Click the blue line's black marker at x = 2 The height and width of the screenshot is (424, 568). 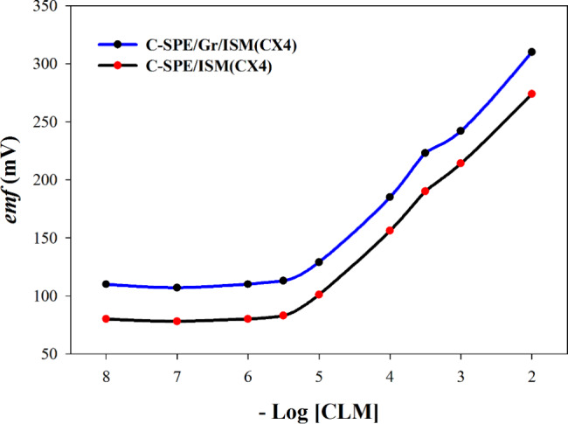pos(531,52)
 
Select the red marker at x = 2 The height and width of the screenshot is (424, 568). pos(531,94)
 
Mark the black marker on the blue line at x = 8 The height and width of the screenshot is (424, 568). pos(106,284)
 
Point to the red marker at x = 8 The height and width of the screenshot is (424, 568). pos(106,319)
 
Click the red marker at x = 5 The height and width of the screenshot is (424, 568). pos(319,295)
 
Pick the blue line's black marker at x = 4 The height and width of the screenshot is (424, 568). pos(390,197)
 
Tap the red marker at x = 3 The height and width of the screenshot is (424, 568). pos(461,163)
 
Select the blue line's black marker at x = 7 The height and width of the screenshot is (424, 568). pos(177,288)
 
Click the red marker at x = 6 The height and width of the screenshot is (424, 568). pos(248,319)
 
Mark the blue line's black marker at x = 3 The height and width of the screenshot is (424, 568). pos(461,131)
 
